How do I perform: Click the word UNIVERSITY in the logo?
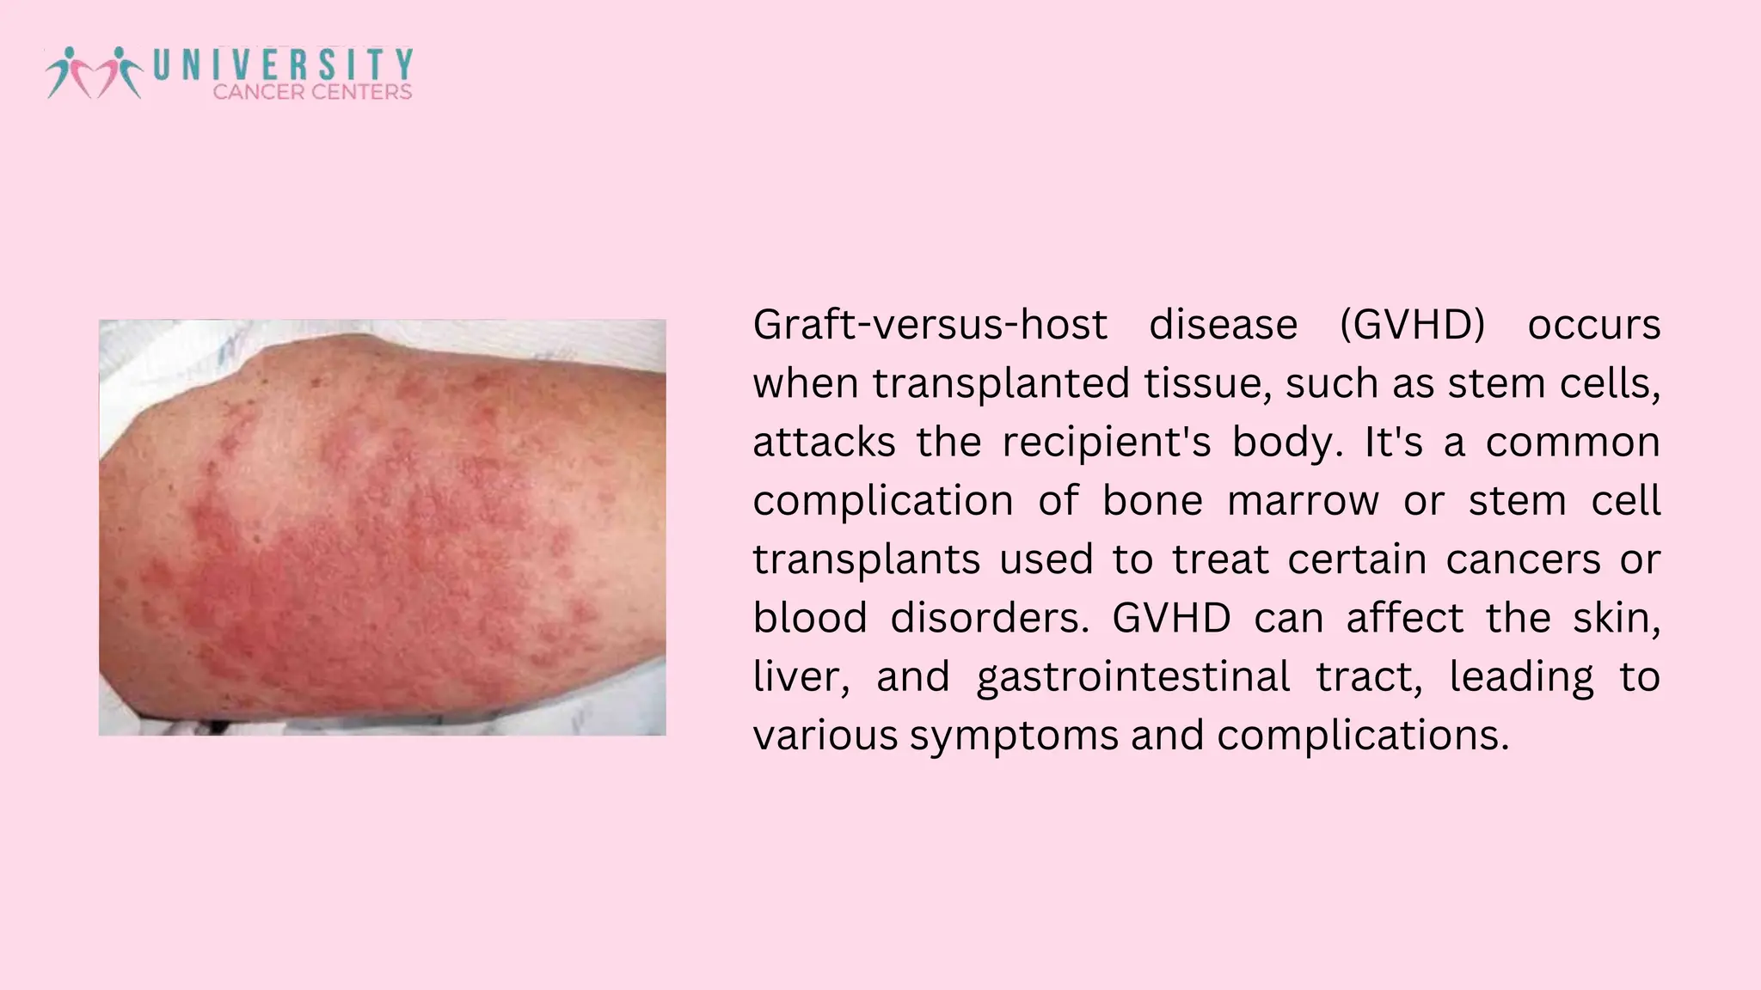(283, 64)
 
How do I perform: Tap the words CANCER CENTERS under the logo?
(312, 92)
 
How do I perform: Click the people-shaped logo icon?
(93, 72)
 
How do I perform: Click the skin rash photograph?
(382, 527)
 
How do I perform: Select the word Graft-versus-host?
(930, 325)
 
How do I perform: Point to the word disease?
(1223, 325)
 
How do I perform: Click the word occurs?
(1593, 325)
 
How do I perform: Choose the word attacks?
(824, 443)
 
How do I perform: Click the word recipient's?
(1107, 443)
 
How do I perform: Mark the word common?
(1573, 443)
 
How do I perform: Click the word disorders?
(989, 618)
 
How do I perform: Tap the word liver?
(801, 676)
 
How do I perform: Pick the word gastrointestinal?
(1133, 676)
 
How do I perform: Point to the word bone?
(1152, 501)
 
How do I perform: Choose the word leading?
(1521, 676)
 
